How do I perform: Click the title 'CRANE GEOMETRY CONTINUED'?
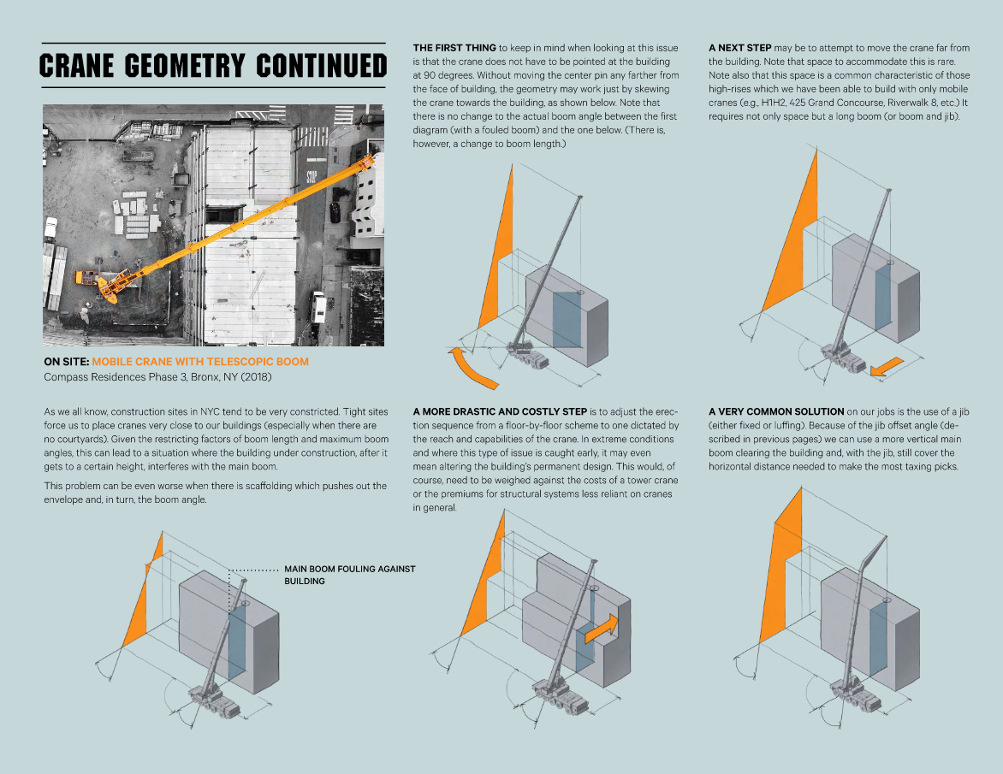[213, 66]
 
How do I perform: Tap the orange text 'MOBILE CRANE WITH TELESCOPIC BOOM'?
[200, 362]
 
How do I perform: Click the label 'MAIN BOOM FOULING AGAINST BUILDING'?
[349, 575]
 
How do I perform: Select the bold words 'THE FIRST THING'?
[454, 47]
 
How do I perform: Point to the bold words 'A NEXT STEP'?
[739, 47]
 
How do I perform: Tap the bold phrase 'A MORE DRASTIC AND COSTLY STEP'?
[500, 411]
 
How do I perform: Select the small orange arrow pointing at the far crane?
[886, 366]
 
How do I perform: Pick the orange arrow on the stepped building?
[600, 627]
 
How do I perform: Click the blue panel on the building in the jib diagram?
[878, 636]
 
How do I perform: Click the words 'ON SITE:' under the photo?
[66, 362]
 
